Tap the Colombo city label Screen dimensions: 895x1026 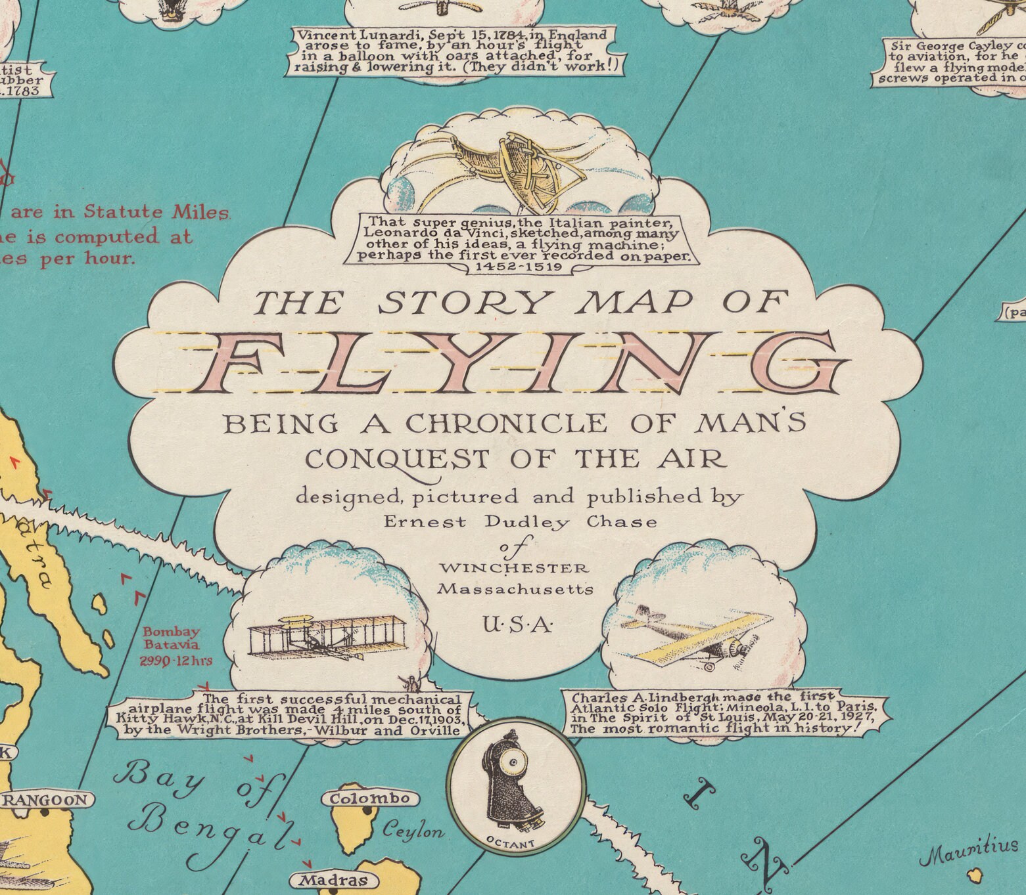(x=370, y=799)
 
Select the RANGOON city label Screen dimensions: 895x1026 (x=46, y=800)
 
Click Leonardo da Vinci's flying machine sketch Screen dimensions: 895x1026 (x=526, y=164)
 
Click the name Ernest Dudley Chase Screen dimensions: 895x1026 (x=519, y=522)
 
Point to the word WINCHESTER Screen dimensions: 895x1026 (x=515, y=567)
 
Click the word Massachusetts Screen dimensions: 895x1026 (x=515, y=590)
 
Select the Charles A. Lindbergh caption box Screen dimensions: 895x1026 (x=723, y=712)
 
